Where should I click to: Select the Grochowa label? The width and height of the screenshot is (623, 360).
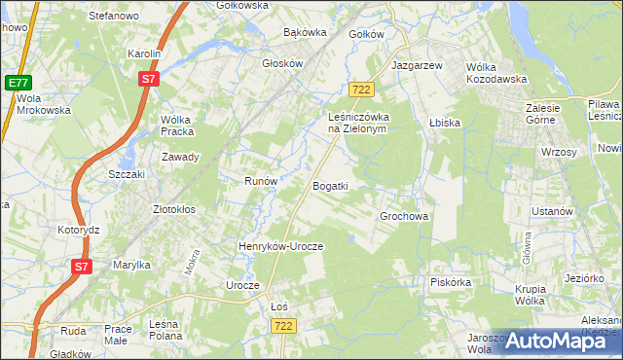404,216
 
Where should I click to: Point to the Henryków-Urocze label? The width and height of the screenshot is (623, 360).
280,247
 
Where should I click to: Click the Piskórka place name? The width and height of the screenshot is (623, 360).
451,283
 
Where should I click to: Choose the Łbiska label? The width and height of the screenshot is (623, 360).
444,124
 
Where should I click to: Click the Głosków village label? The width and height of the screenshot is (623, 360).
283,63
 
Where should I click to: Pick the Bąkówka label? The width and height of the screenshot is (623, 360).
305,32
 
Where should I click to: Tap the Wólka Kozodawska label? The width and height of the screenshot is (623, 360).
496,73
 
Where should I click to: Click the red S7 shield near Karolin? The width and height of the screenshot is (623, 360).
148,81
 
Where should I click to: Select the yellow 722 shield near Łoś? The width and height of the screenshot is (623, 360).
283,325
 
